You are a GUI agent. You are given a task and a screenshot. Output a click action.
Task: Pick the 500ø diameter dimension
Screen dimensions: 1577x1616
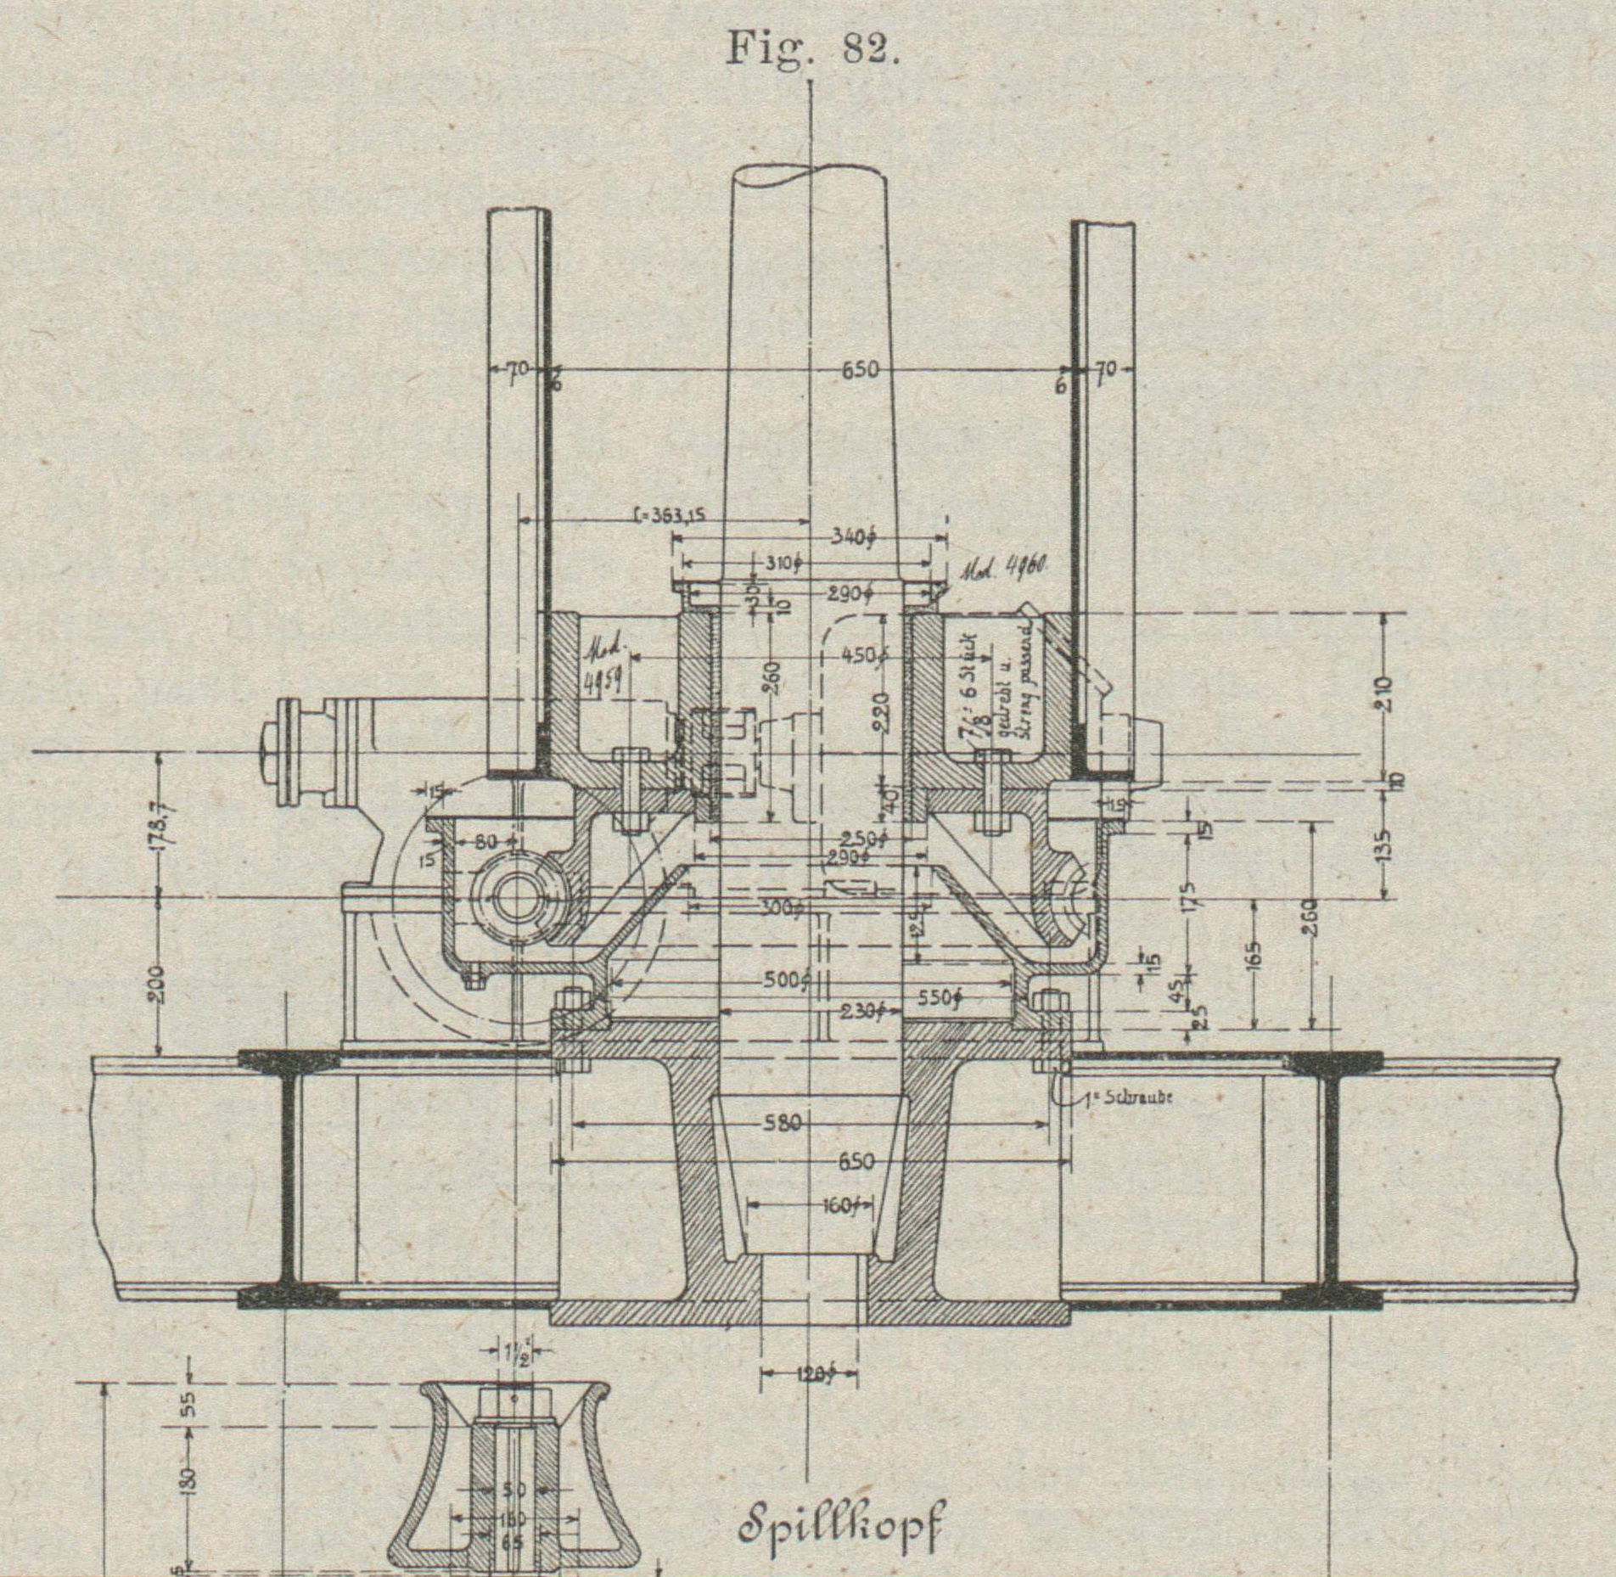click(788, 981)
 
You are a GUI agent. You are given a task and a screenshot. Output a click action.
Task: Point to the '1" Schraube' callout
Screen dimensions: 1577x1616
click(1128, 1097)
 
